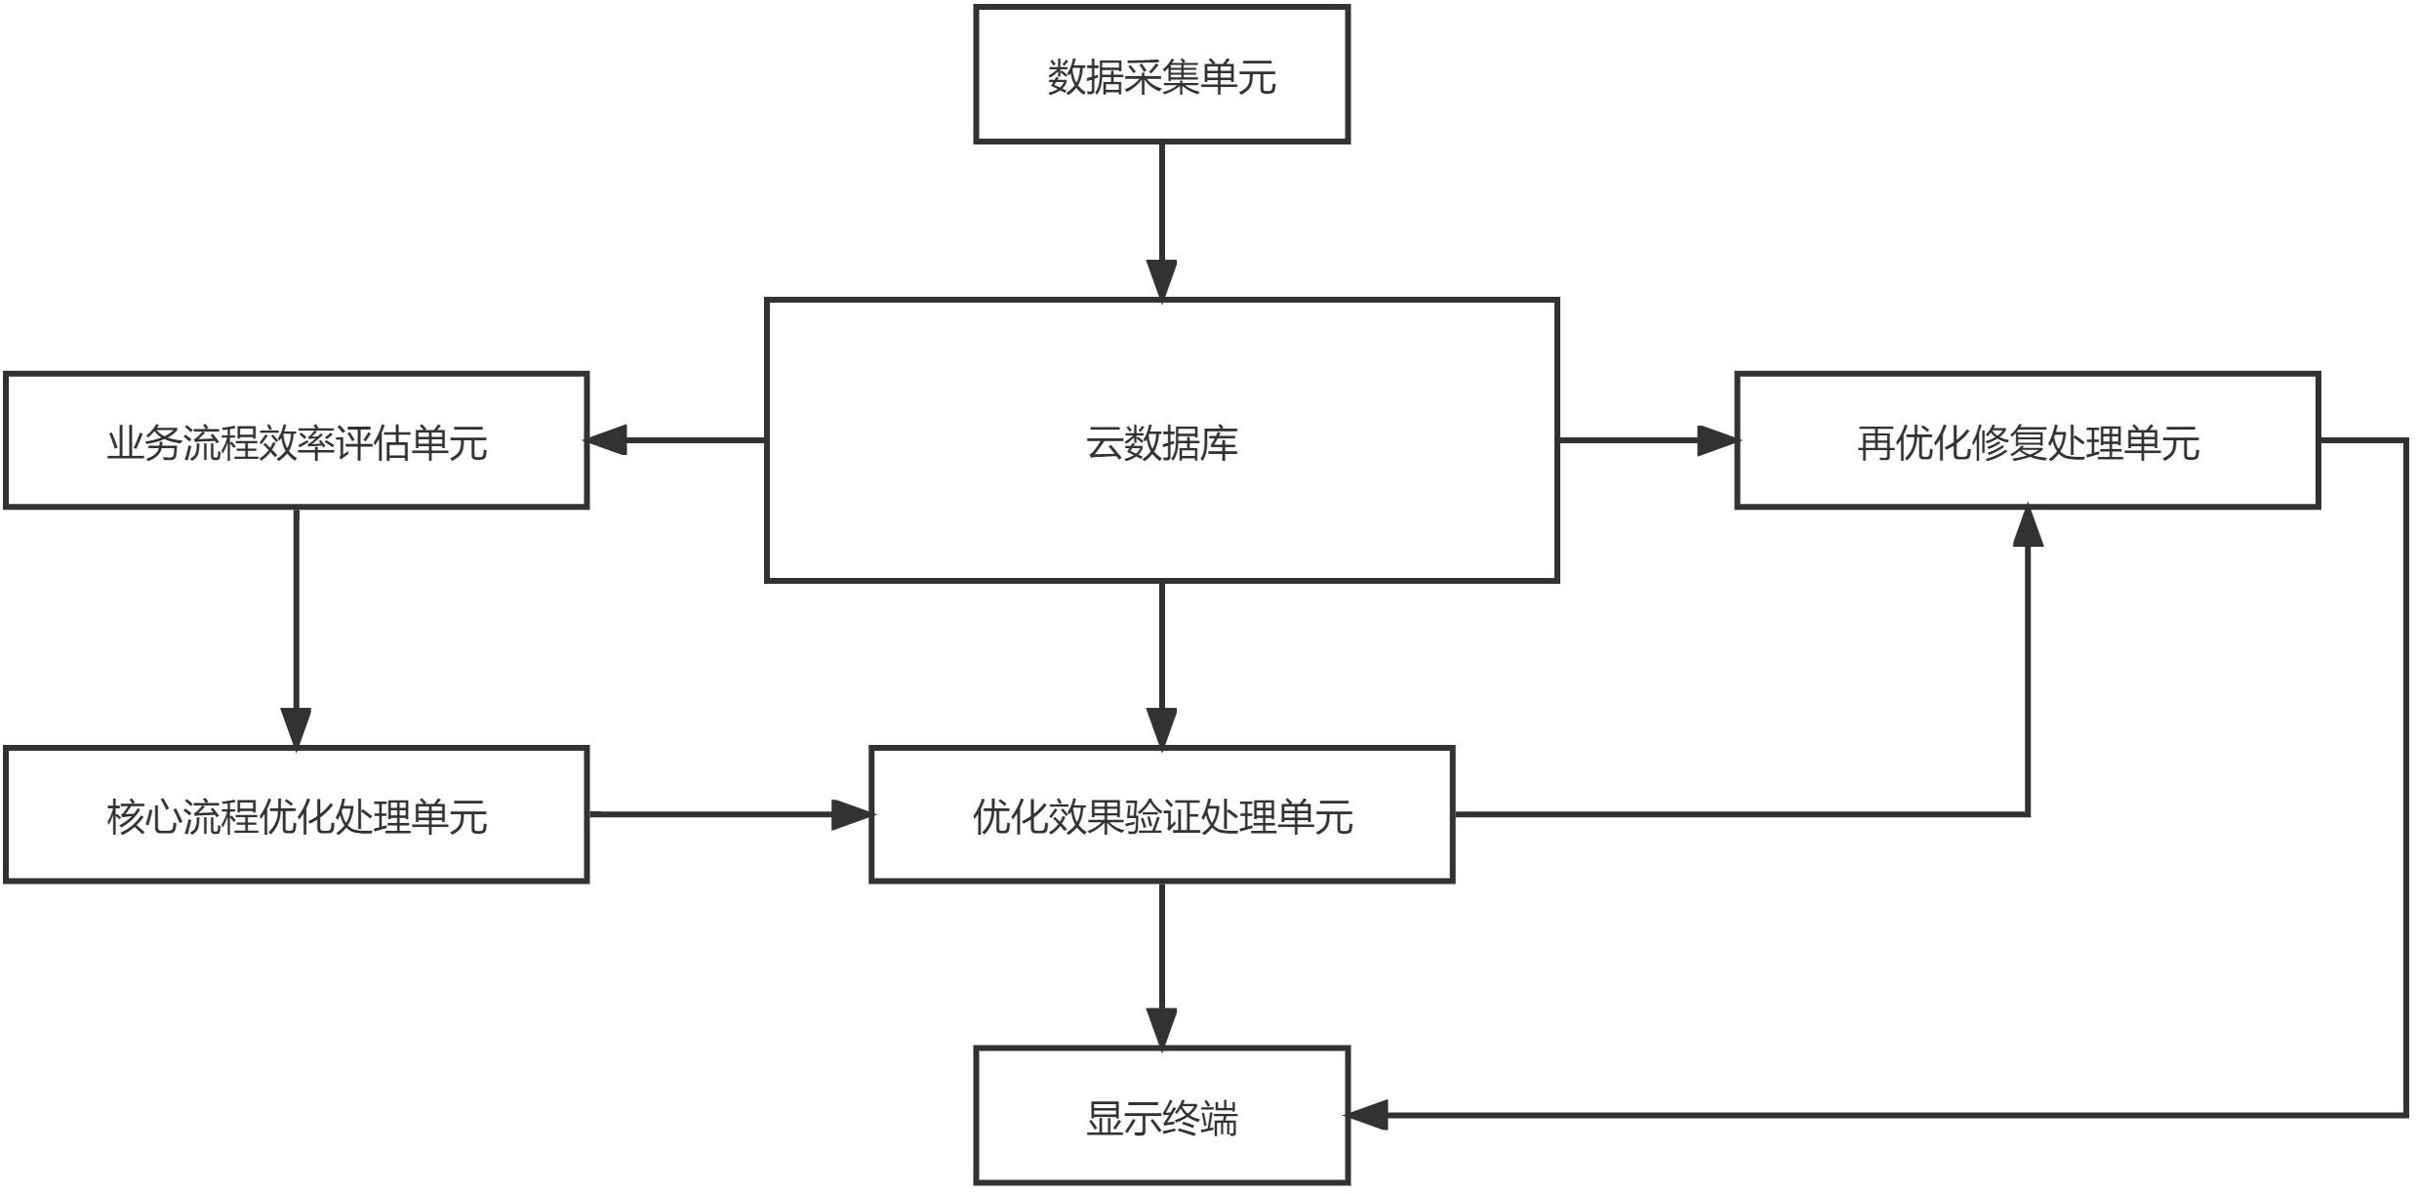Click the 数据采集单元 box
coord(1161,74)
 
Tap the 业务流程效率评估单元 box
coord(296,441)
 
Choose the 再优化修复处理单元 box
coord(2027,441)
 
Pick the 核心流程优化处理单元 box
coord(296,815)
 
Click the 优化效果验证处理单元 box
coord(1161,815)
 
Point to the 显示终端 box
coord(1161,1117)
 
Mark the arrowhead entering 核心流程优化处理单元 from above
coord(296,728)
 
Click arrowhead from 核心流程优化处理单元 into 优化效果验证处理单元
coord(851,814)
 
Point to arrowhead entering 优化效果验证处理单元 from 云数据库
coord(1161,728)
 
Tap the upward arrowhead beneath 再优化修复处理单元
coord(2028,527)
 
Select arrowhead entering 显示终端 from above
coord(1161,1028)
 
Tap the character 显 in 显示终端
coord(1104,1118)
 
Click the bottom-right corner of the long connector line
coord(2406,1115)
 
